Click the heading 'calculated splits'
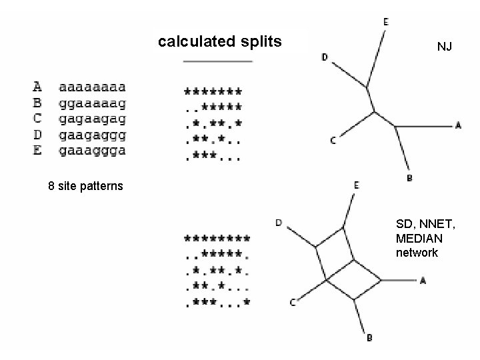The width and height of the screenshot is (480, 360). pos(220,42)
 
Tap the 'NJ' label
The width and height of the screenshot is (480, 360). pos(445,47)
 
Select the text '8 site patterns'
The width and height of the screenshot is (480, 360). pos(85,185)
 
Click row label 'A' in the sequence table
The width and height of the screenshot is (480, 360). pos(37,87)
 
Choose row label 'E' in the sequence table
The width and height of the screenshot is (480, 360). pos(37,151)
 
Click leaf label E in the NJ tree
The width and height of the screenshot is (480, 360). pos(385,22)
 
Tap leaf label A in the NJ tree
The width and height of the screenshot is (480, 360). pos(458,125)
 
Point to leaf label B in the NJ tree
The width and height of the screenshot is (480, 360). pos(409,178)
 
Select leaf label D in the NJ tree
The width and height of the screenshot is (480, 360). pos(325,57)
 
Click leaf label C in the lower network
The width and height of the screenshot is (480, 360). pos(292,303)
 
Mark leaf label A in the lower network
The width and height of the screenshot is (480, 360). pos(423,281)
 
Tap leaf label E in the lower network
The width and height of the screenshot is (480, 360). pos(357,185)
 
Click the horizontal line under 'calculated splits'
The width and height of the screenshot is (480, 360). pos(217,61)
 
